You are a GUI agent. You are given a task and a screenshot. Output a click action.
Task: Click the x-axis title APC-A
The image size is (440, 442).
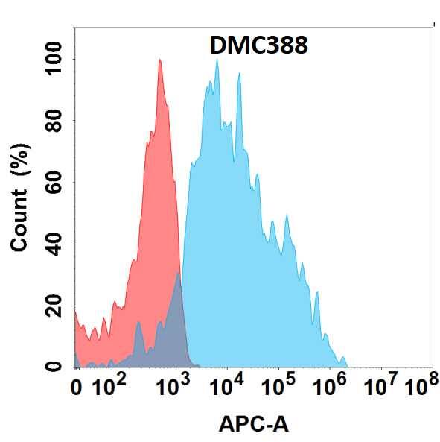253,424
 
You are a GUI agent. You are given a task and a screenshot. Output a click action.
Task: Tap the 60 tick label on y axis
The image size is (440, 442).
54,182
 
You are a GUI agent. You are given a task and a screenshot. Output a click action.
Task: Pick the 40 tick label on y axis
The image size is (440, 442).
54,244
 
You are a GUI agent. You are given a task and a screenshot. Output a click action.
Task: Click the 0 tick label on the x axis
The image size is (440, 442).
76,388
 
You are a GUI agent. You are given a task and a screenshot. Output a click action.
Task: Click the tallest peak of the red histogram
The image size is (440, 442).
159,61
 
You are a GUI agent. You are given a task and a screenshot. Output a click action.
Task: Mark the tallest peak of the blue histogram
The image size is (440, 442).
217,61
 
